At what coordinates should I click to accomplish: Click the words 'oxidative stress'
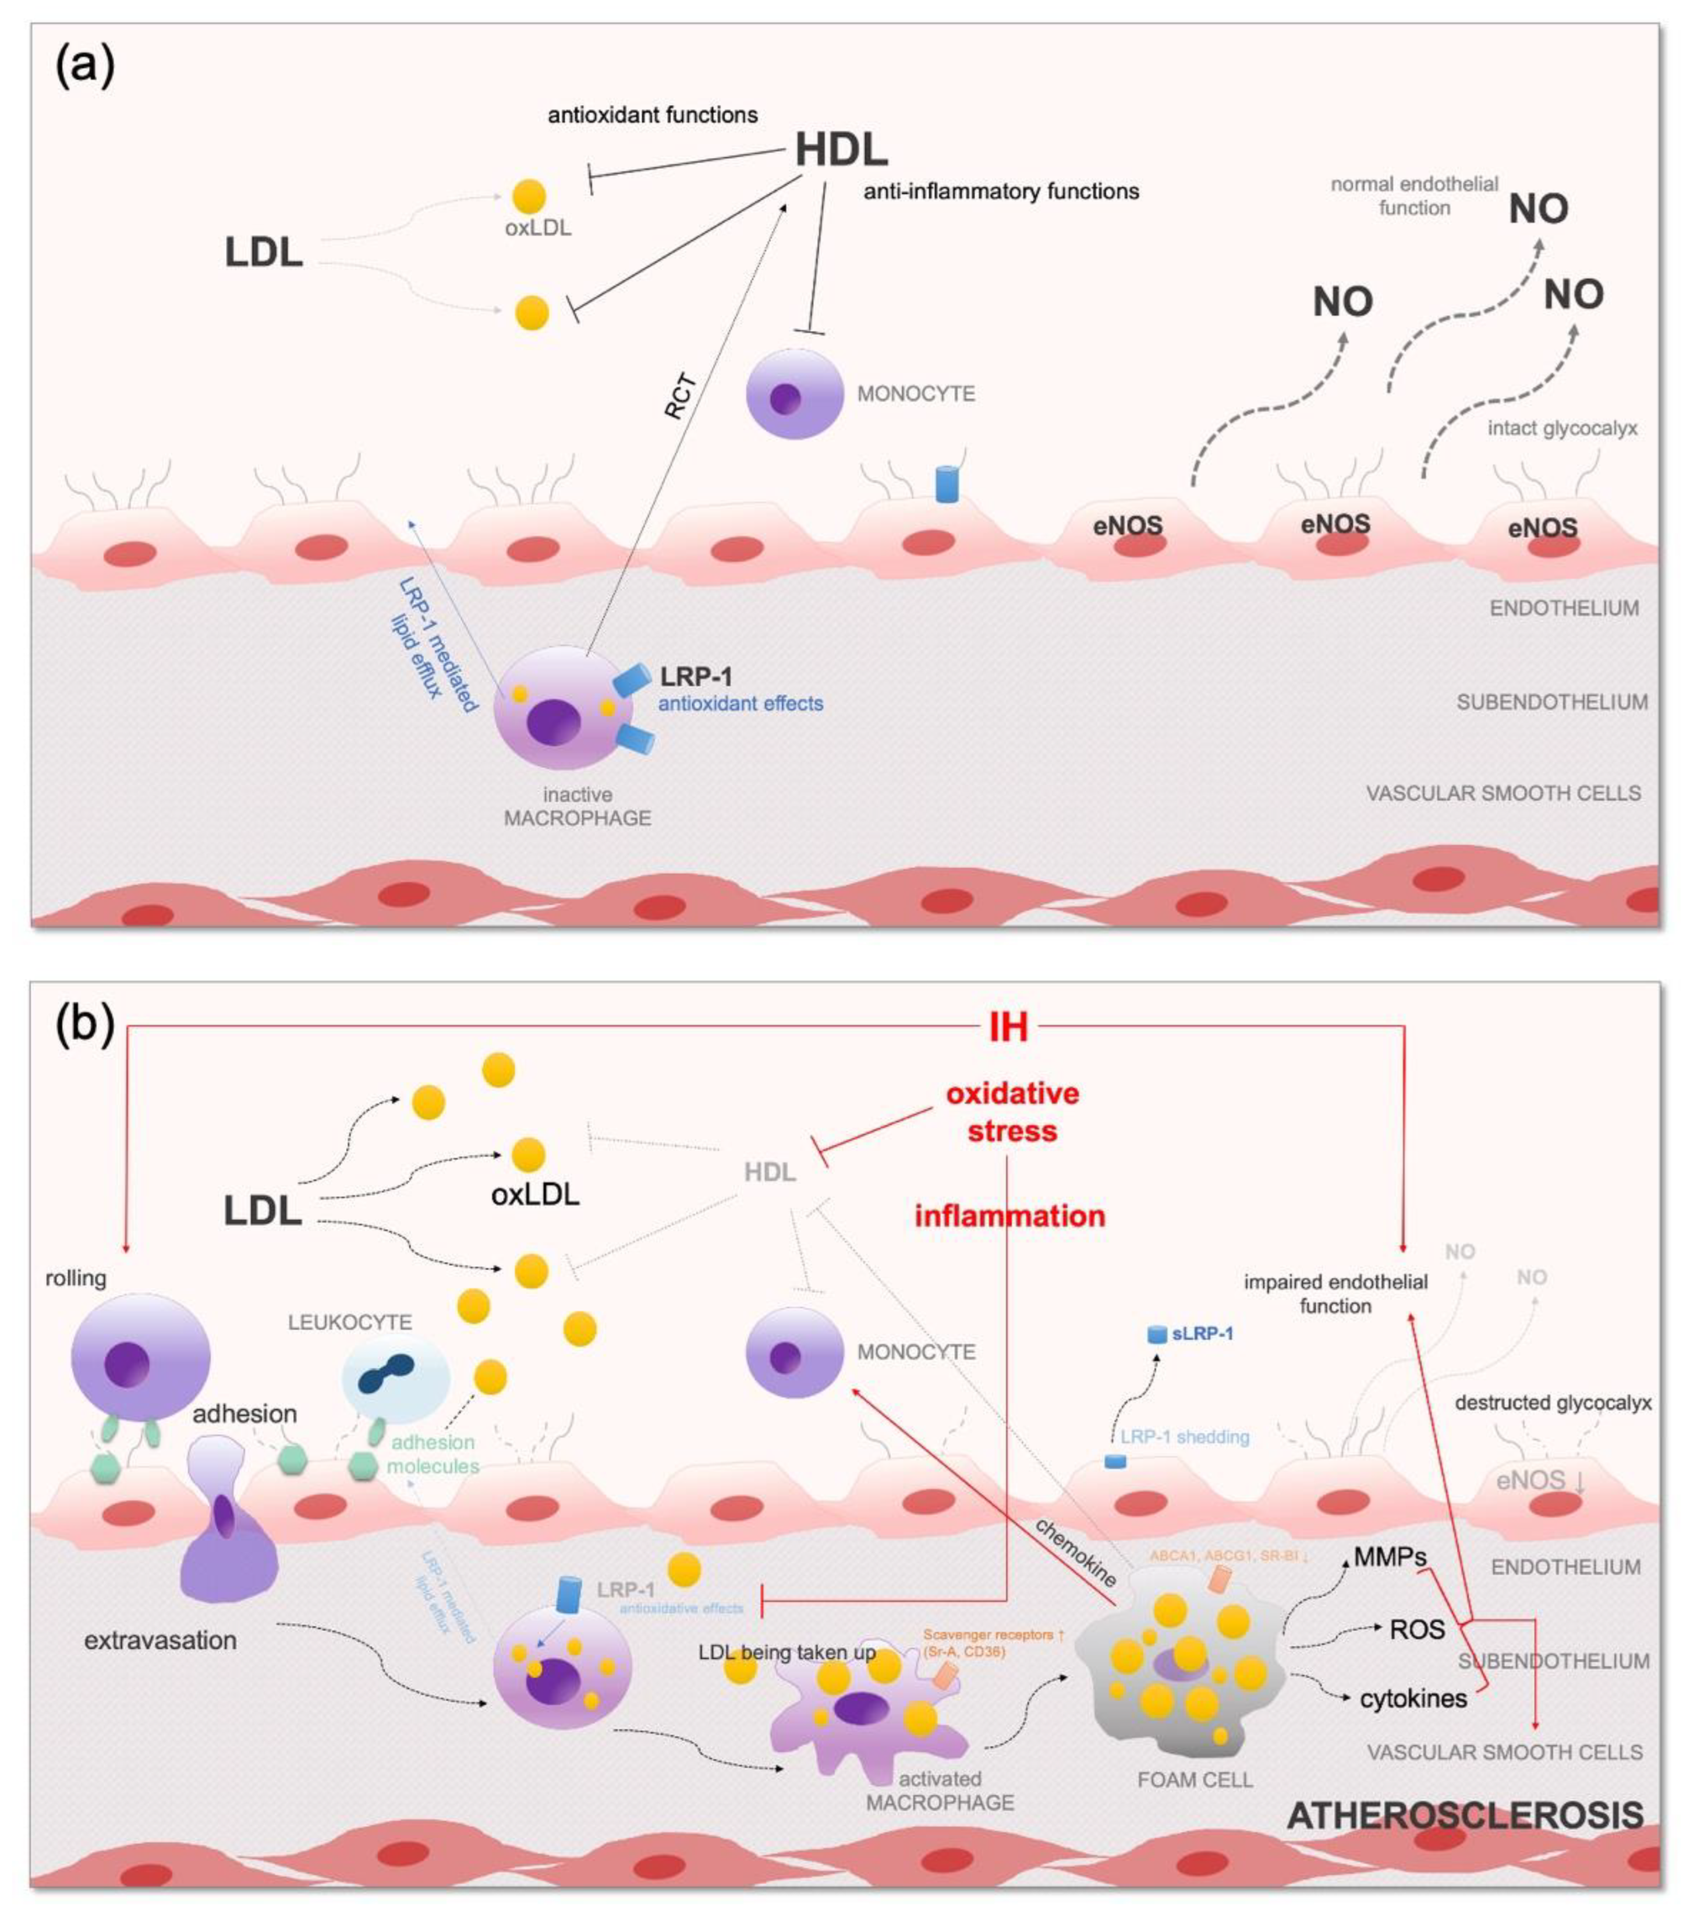pyautogui.click(x=1012, y=1112)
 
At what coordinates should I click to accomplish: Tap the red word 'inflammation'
pyautogui.click(x=1009, y=1216)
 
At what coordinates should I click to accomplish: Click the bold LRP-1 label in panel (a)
pyautogui.click(x=696, y=676)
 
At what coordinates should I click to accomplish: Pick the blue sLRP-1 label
pyautogui.click(x=1202, y=1333)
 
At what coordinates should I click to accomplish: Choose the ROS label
pyautogui.click(x=1417, y=1630)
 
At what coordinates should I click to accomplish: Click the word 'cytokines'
pyautogui.click(x=1413, y=1698)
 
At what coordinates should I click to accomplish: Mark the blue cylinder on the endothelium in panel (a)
pyautogui.click(x=948, y=484)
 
